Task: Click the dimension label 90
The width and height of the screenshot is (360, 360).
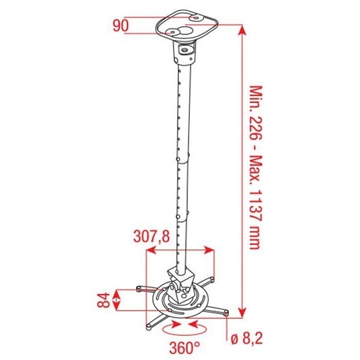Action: tap(121, 26)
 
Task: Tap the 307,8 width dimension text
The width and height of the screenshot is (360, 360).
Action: tap(152, 236)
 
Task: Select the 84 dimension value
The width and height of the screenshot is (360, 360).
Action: tap(103, 300)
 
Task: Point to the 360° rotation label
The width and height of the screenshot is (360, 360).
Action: tap(185, 348)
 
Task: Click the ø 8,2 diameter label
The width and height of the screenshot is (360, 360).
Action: tap(246, 338)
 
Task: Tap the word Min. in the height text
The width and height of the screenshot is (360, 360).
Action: tap(256, 98)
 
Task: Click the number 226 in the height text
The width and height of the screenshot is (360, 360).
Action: tap(256, 129)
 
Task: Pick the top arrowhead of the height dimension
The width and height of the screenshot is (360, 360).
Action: tap(242, 31)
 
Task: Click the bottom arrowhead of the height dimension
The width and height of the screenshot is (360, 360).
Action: tap(242, 311)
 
